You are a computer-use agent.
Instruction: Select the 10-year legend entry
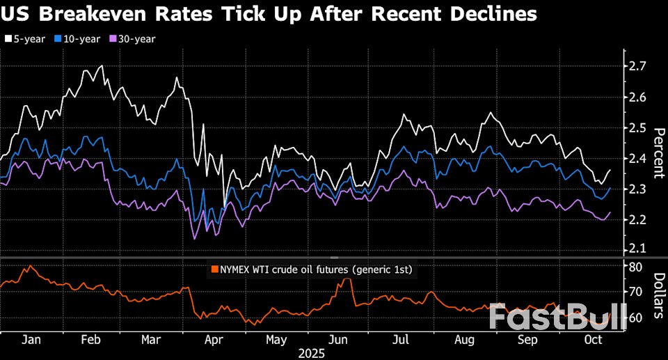(x=79, y=39)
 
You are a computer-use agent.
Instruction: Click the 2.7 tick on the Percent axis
(x=638, y=66)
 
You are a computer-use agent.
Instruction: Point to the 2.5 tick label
(x=638, y=127)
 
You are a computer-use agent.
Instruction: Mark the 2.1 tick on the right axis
(x=638, y=249)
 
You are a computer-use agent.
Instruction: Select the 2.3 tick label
(x=638, y=189)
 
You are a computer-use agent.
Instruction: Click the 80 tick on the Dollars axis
(x=635, y=267)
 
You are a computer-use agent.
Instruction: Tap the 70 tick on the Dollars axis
(x=635, y=292)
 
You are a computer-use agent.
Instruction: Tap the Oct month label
(x=591, y=340)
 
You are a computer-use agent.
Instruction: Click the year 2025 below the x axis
(x=312, y=353)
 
